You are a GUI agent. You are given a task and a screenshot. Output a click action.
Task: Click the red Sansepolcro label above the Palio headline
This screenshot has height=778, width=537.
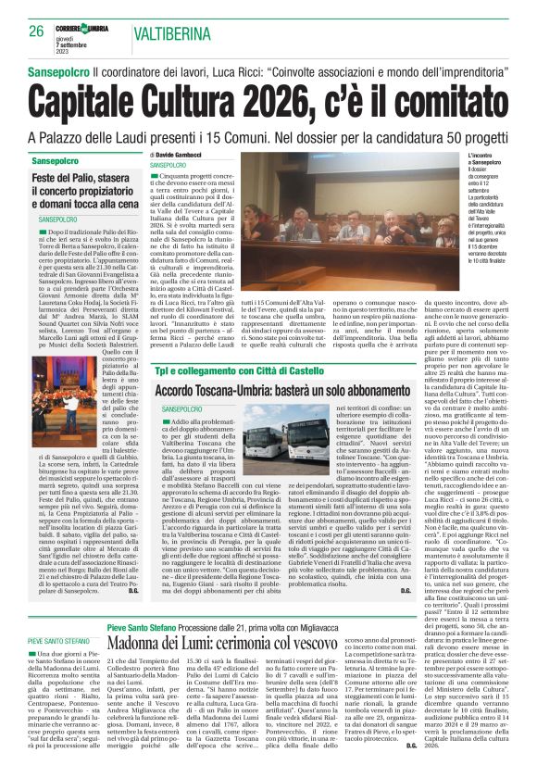click(57, 161)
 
